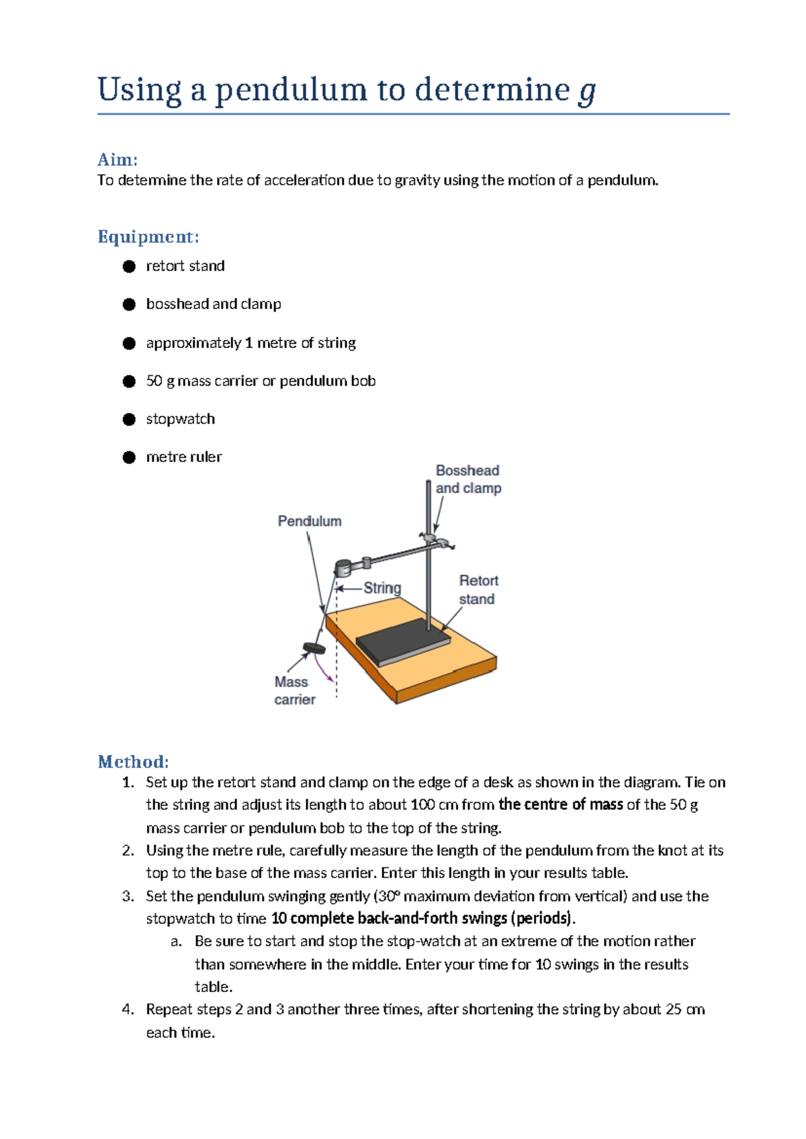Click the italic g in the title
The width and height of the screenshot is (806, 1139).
(x=587, y=91)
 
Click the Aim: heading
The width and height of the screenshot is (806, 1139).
(x=118, y=160)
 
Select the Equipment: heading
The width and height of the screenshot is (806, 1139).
(x=148, y=236)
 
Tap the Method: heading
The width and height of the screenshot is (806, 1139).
(x=133, y=762)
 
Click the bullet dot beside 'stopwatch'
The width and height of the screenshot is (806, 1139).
(x=129, y=420)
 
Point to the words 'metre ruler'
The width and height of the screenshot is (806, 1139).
(x=183, y=457)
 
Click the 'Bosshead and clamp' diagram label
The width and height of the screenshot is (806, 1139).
(x=468, y=480)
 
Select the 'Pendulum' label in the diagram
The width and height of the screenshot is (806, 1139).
(x=309, y=521)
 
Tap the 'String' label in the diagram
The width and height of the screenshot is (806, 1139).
(x=382, y=588)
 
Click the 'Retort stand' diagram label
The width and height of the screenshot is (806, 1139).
(x=478, y=590)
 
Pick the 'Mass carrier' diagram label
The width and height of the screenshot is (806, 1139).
(x=294, y=690)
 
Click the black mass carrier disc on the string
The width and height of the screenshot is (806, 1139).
(x=314, y=648)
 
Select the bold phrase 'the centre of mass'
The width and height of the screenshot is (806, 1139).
(x=560, y=805)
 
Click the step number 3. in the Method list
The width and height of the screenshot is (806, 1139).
(x=128, y=897)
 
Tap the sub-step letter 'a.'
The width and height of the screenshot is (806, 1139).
(x=176, y=942)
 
